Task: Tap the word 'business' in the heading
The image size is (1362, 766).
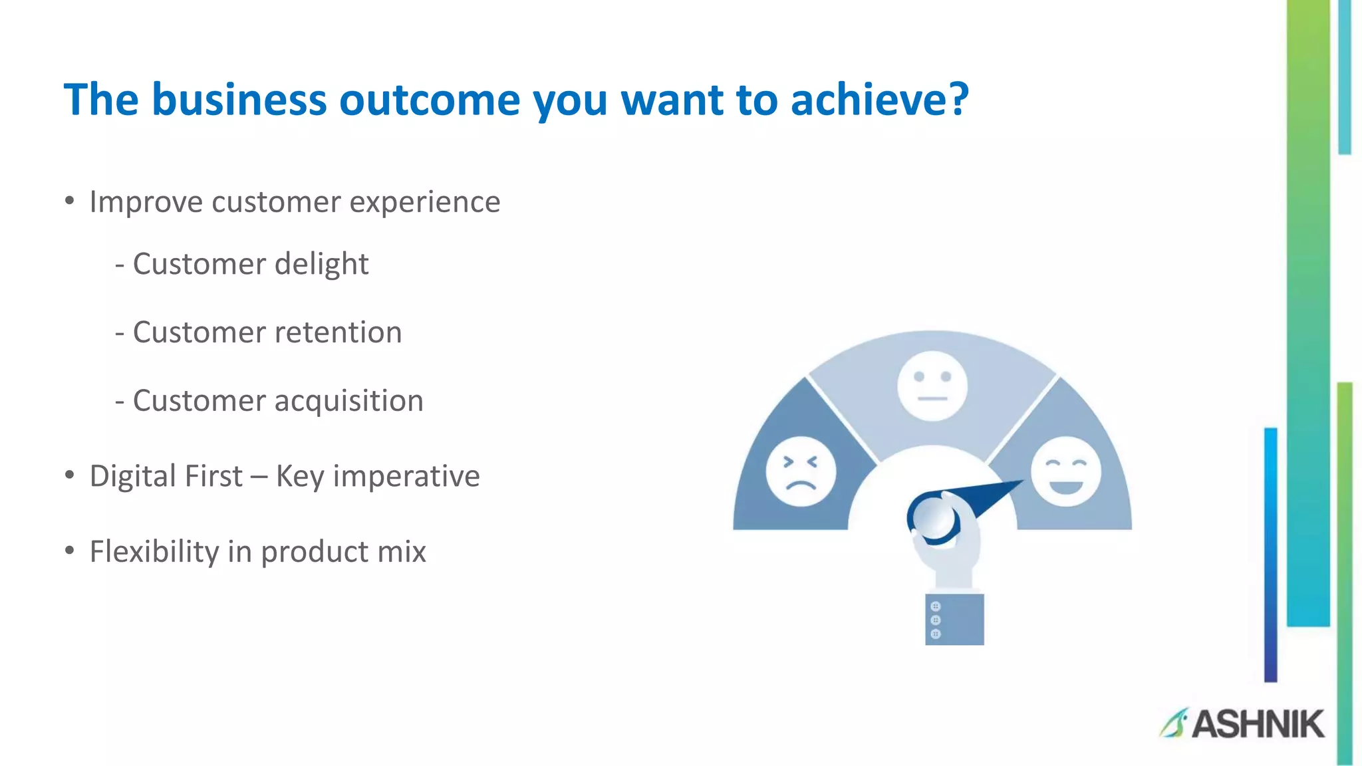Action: coord(239,100)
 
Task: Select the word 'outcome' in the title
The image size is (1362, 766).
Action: coord(430,100)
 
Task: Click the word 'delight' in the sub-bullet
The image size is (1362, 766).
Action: coord(321,265)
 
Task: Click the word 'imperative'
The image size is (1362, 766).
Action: coord(406,477)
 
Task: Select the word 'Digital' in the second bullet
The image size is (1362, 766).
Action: coord(132,476)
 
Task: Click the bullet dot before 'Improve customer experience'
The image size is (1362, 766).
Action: coord(69,201)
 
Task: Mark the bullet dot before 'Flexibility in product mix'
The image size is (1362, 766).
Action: coord(69,551)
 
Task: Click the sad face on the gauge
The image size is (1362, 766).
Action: coord(801,471)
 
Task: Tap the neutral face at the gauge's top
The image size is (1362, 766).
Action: coord(932,386)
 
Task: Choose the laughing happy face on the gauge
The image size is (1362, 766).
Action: coord(1065,471)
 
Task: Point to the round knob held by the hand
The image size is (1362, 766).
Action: coord(933,517)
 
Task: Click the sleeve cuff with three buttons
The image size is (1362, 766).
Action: coord(954,619)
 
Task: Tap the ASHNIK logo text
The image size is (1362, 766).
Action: coord(1258,724)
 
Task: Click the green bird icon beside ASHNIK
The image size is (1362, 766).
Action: coord(1174,723)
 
